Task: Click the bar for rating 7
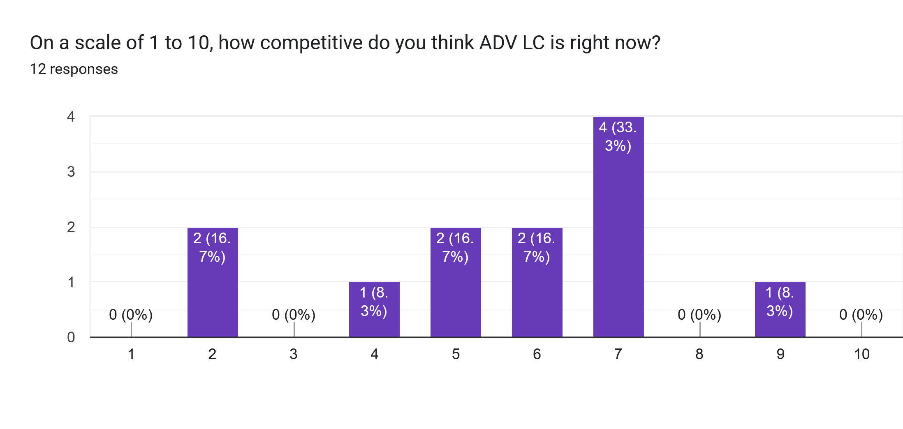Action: click(x=618, y=230)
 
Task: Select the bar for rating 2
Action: click(x=213, y=288)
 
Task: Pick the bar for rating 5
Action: click(x=456, y=288)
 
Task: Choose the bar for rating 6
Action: click(x=537, y=288)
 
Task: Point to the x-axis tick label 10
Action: click(x=862, y=354)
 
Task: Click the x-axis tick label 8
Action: click(x=699, y=354)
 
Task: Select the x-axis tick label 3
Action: click(x=294, y=354)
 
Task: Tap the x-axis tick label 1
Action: click(x=131, y=354)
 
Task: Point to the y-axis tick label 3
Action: click(x=71, y=172)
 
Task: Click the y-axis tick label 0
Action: click(x=71, y=337)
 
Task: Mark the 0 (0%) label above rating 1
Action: click(x=131, y=315)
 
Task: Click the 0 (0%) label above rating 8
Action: click(x=699, y=315)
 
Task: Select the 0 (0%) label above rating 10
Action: click(x=861, y=315)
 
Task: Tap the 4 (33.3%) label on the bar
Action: click(x=618, y=136)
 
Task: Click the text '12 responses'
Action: click(x=74, y=69)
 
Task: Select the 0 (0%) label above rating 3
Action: click(x=294, y=315)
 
